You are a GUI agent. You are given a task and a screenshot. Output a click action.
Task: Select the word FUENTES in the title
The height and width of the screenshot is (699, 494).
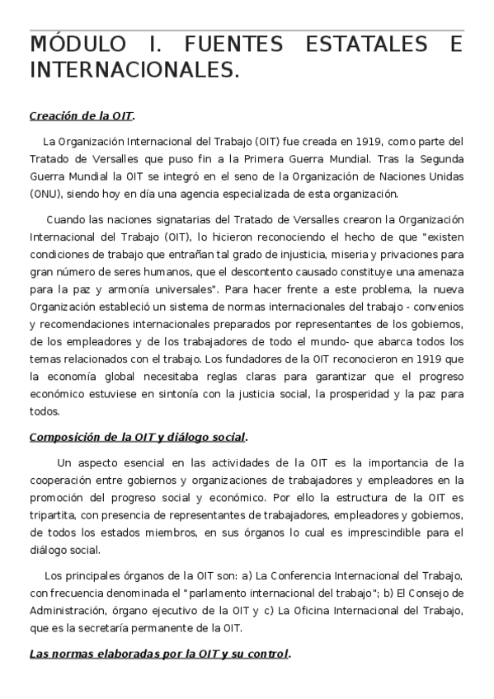pos(222,45)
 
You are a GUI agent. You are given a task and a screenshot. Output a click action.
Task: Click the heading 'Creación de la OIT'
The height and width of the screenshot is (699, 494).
pos(81,115)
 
